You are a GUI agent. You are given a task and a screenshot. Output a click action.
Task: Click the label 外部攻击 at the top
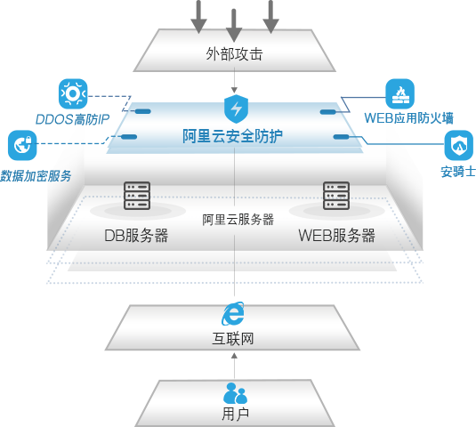tap(234, 54)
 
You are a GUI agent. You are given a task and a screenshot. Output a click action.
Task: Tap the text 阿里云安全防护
tap(233, 136)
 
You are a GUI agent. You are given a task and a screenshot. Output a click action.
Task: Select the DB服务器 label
tap(136, 236)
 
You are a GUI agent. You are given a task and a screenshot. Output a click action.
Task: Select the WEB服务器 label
tap(336, 236)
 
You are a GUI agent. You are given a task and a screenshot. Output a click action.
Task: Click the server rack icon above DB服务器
tap(137, 196)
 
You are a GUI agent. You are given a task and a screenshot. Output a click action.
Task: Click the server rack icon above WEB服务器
tap(336, 196)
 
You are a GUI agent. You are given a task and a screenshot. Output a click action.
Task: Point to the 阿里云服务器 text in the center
tap(238, 219)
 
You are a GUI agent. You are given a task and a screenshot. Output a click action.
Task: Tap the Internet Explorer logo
tap(234, 311)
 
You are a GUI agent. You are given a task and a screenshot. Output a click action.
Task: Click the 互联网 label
tap(234, 338)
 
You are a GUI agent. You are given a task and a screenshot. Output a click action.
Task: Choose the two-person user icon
tap(235, 393)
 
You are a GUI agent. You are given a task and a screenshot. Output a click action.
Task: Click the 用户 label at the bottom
tap(235, 414)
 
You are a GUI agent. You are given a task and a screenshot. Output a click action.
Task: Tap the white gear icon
tap(71, 93)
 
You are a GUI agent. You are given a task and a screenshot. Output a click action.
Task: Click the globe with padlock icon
tap(22, 145)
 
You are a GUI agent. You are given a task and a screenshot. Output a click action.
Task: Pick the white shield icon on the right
tap(458, 144)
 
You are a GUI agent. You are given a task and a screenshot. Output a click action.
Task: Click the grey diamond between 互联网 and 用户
tap(234, 364)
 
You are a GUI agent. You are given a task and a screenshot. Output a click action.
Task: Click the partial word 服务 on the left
tap(59, 176)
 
